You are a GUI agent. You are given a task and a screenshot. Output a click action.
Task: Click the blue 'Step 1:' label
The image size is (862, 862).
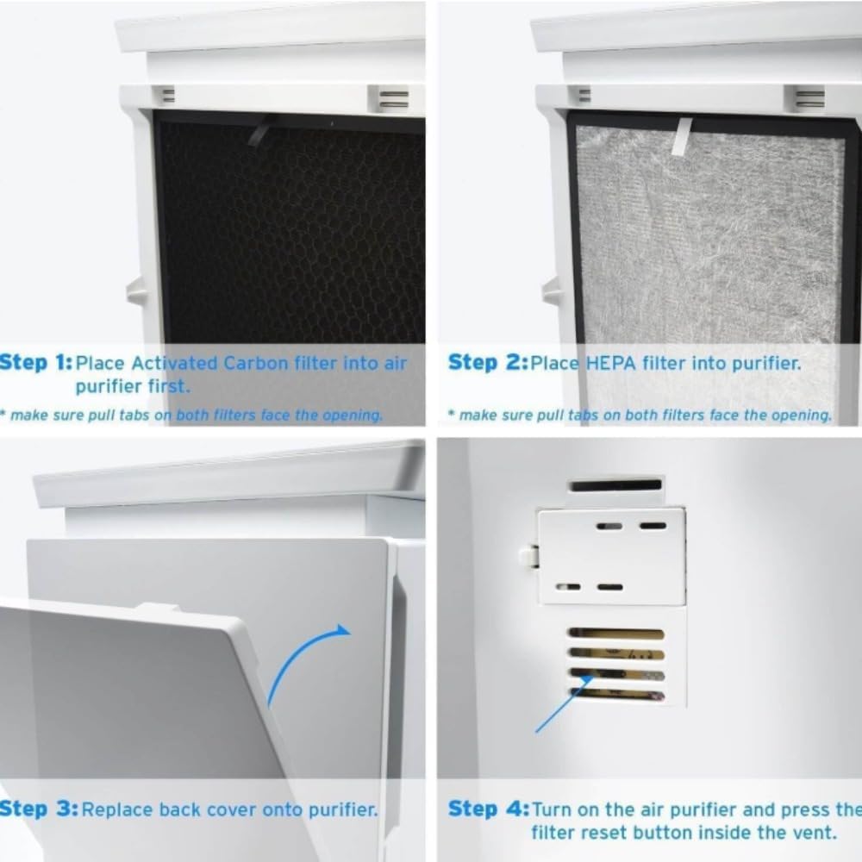pyautogui.click(x=36, y=363)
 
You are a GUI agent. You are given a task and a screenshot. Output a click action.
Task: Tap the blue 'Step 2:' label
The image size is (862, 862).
pyautogui.click(x=486, y=363)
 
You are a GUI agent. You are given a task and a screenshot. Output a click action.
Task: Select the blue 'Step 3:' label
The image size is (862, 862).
pyautogui.click(x=38, y=809)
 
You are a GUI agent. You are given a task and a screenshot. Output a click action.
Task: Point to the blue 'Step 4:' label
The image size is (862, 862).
pyautogui.click(x=486, y=809)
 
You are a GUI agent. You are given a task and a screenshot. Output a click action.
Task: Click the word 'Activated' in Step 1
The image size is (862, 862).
pyautogui.click(x=176, y=363)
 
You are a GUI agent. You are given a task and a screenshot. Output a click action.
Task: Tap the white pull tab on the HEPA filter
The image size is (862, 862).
pyautogui.click(x=682, y=136)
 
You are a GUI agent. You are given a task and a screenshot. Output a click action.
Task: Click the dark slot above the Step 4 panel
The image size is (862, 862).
pyautogui.click(x=615, y=486)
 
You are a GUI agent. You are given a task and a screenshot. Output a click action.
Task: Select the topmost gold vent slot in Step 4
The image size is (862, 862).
pyautogui.click(x=616, y=634)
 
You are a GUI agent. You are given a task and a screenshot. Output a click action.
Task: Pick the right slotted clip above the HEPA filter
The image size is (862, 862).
pyautogui.click(x=809, y=97)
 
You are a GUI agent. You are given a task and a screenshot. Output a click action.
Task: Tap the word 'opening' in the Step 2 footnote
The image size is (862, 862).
pyautogui.click(x=797, y=415)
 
